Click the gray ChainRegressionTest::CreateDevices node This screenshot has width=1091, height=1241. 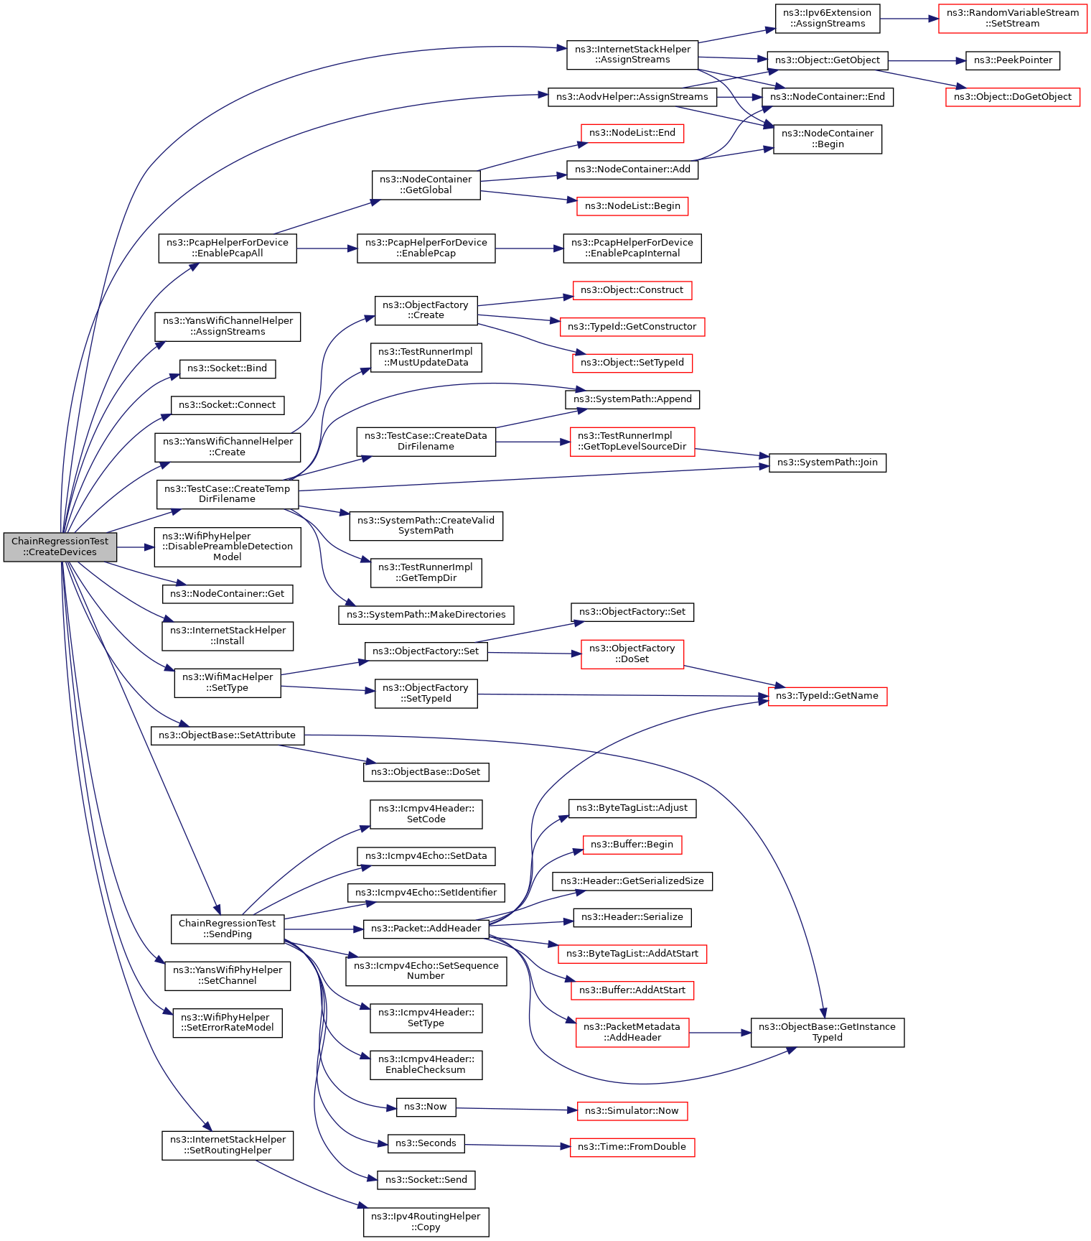coord(60,547)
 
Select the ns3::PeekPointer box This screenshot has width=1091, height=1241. coord(1013,60)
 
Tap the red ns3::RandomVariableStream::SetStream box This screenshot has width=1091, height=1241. coord(1013,18)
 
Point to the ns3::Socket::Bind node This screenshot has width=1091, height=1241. coord(228,368)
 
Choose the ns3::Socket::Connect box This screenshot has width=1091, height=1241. coord(228,405)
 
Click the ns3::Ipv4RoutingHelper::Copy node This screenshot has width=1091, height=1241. coord(426,1222)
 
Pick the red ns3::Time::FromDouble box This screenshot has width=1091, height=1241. coord(632,1147)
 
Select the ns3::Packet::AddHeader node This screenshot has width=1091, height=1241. coord(426,929)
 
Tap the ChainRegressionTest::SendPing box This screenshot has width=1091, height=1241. coord(227,929)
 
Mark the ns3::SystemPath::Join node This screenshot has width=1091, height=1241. coord(828,463)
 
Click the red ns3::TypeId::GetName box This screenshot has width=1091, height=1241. coord(828,696)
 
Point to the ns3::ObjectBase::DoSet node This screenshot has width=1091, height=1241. coord(426,772)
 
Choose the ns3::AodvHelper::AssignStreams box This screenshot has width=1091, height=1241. coord(632,97)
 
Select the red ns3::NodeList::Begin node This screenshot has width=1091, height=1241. coord(632,206)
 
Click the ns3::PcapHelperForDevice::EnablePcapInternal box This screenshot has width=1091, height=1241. coord(632,248)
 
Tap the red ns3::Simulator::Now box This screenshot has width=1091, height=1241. coord(632,1111)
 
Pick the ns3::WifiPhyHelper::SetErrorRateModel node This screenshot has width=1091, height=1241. coord(228,1023)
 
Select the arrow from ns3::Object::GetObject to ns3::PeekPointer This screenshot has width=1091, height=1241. coord(927,61)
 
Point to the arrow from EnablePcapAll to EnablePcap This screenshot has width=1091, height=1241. coord(327,248)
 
